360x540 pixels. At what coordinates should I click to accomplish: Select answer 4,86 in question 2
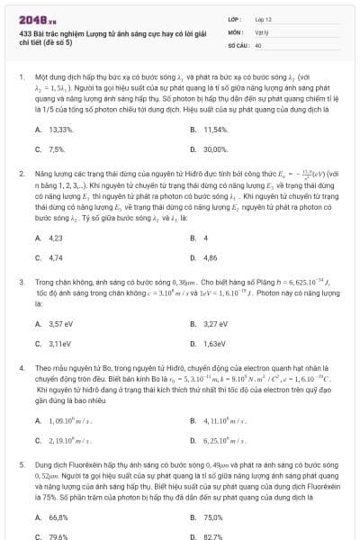click(211, 257)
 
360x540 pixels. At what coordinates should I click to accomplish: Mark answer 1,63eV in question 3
click(214, 344)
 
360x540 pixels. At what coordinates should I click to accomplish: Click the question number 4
click(20, 368)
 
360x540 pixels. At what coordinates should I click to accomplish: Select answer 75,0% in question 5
click(213, 517)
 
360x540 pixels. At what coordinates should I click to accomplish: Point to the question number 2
click(20, 171)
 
